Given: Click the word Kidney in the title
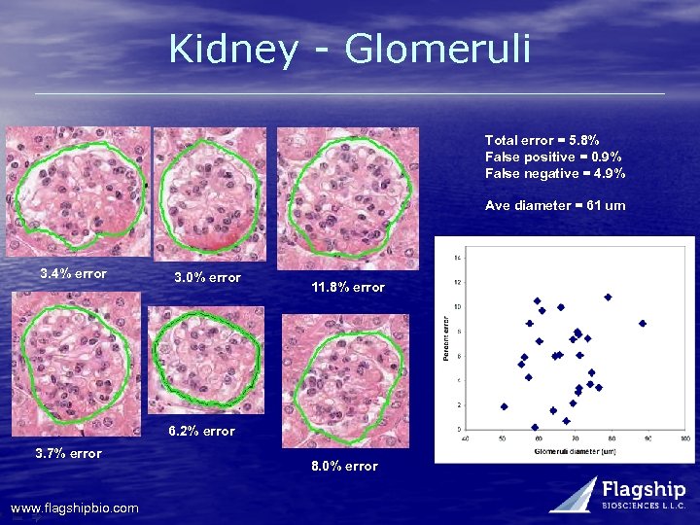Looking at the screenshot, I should point(232,49).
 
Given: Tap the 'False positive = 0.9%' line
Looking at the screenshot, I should point(553,157).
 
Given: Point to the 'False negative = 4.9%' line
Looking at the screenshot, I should point(555,174).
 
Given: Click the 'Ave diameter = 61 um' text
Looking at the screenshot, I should point(555,206).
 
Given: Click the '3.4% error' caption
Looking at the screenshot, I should point(73,273).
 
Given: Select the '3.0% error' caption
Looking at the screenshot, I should point(207,278).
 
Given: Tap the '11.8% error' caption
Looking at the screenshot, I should point(348,288).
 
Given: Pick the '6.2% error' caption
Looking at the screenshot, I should point(201,431).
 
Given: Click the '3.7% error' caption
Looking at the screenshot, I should point(68,453).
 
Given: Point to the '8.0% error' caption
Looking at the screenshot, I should point(344,467).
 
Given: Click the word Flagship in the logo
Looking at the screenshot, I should point(645,490).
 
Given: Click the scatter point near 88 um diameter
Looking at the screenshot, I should point(643,323).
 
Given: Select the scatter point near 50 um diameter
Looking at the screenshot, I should point(504,406).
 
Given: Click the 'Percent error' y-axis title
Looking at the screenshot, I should point(446,338).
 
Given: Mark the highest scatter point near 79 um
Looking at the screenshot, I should point(608,297).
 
